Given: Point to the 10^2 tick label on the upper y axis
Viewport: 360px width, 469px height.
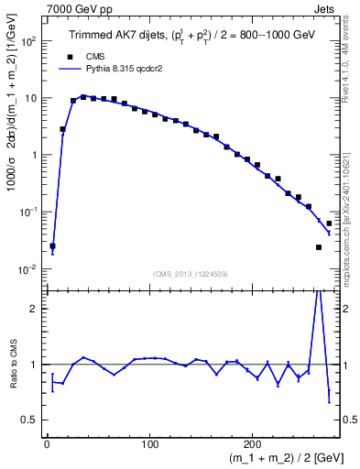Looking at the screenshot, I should (27, 42).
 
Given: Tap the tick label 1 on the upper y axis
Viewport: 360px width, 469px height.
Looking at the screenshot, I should (33, 155).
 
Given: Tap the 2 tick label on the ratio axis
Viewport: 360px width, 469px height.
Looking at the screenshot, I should (33, 309).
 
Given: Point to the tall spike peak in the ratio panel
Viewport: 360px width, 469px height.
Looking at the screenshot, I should (318, 291).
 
